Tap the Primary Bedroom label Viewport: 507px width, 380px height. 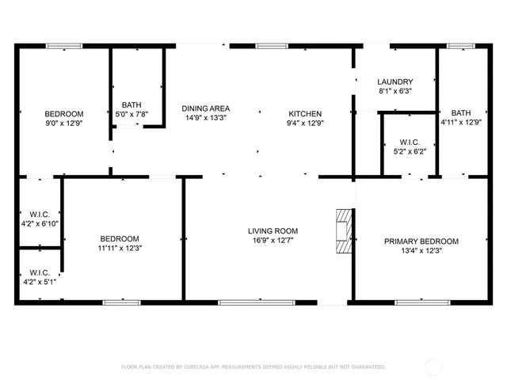421,241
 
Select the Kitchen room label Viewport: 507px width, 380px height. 305,113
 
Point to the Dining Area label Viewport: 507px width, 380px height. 205,108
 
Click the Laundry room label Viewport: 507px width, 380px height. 395,82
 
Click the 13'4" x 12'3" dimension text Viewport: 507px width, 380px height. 421,251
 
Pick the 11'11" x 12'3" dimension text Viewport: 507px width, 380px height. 120,249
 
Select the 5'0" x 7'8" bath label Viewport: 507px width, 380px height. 132,114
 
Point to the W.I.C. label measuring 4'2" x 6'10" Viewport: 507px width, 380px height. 40,218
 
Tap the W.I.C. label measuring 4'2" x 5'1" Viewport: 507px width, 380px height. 40,277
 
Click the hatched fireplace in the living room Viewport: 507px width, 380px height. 342,231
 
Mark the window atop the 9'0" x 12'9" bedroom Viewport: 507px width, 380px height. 63,46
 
